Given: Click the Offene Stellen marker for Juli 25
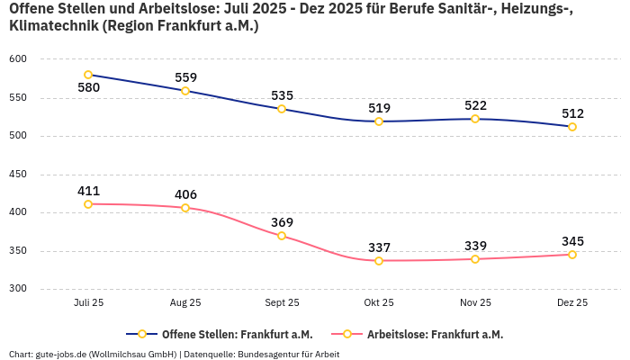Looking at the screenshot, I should (88, 75).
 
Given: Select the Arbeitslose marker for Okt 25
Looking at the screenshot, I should (379, 261).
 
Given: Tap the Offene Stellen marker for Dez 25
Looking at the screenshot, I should (572, 127).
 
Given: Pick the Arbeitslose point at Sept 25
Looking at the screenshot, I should (282, 236).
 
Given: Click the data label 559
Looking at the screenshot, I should (185, 77).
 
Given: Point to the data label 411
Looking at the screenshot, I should (88, 191).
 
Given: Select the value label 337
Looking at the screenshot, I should (379, 247).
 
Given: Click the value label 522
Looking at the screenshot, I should (475, 105).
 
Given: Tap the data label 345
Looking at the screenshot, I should (572, 241).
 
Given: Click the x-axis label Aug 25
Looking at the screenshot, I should (185, 303).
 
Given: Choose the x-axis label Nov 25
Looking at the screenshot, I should (475, 303).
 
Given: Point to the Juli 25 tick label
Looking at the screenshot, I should (88, 303).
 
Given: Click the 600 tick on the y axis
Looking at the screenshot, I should (19, 59).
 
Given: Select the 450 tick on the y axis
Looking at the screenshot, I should (19, 175).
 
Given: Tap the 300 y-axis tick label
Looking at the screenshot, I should (19, 289).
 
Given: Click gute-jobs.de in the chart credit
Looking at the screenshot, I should (60, 354).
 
